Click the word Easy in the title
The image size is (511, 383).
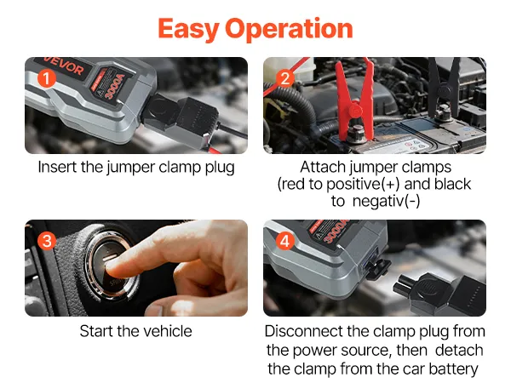pos(188,29)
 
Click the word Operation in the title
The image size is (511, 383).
pos(289,29)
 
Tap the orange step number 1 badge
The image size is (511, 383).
pos(47,78)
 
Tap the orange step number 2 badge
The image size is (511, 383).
pos(285,78)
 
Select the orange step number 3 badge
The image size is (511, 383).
pos(47,241)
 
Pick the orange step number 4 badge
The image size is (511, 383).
pos(285,241)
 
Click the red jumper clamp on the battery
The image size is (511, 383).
pos(355,98)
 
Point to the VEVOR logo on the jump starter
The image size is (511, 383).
pos(64,66)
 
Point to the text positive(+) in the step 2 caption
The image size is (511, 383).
pos(363,185)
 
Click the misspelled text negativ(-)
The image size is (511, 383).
pos(386,201)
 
